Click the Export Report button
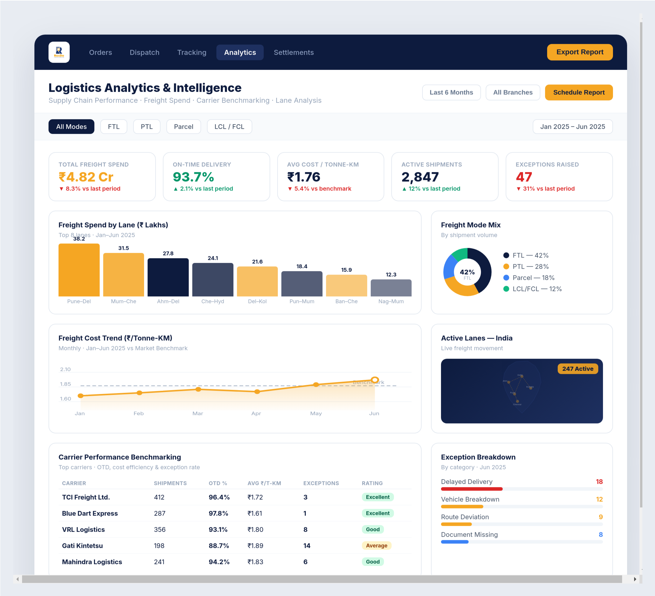tap(580, 52)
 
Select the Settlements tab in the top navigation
tap(293, 52)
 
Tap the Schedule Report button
tap(579, 93)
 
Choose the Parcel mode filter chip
tap(183, 127)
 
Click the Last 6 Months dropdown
tap(451, 93)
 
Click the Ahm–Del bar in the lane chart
tap(168, 277)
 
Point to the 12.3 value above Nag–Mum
tap(391, 274)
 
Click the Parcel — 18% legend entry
tap(533, 278)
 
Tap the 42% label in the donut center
tap(467, 272)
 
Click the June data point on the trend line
tap(375, 380)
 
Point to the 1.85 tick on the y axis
tap(65, 384)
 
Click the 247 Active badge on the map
tap(577, 369)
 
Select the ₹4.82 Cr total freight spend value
tap(86, 177)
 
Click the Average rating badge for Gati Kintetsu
tap(376, 546)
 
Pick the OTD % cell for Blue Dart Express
tap(218, 513)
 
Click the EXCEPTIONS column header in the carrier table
tap(321, 483)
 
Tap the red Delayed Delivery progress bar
tap(472, 489)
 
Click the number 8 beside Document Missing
tap(600, 535)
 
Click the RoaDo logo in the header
tap(59, 52)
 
